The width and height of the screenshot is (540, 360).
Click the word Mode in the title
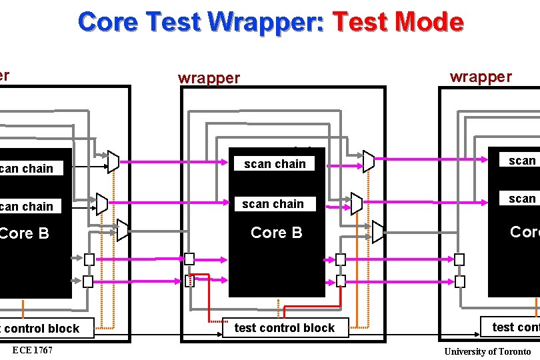pyautogui.click(x=430, y=22)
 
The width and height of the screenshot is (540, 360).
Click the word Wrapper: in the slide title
pyautogui.click(x=267, y=22)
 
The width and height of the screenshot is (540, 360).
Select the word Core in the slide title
pyautogui.click(x=109, y=22)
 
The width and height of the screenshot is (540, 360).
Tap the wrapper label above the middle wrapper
pyautogui.click(x=209, y=78)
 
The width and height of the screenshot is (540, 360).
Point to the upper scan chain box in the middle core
pyautogui.click(x=275, y=164)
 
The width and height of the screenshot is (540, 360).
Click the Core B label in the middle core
pyautogui.click(x=276, y=233)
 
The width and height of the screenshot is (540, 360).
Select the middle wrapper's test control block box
pyautogui.click(x=285, y=327)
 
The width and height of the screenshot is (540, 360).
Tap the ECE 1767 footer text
pyautogui.click(x=32, y=351)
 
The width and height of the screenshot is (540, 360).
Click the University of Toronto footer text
pyautogui.click(x=487, y=351)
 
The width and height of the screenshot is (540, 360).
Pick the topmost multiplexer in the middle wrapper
pyautogui.click(x=369, y=161)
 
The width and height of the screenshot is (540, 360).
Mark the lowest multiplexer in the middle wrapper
pyautogui.click(x=379, y=231)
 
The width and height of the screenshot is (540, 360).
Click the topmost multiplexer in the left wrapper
pyautogui.click(x=113, y=161)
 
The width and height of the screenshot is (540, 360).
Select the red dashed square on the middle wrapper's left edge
pyautogui.click(x=189, y=281)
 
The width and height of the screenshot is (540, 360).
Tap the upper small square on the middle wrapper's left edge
pyautogui.click(x=189, y=259)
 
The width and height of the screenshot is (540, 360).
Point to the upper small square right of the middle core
pyautogui.click(x=341, y=259)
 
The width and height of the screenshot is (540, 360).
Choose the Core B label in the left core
pyautogui.click(x=25, y=233)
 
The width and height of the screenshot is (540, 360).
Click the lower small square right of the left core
pyautogui.click(x=88, y=281)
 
